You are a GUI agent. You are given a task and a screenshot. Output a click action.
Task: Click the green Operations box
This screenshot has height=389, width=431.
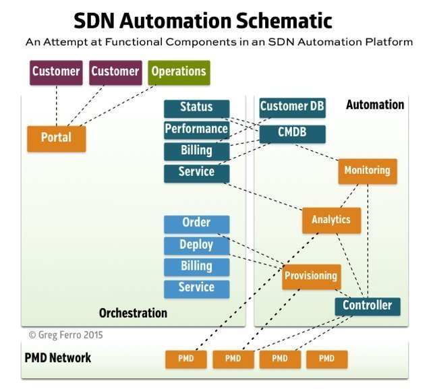click(x=179, y=72)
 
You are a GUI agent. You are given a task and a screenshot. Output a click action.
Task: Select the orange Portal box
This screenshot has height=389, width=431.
click(x=56, y=138)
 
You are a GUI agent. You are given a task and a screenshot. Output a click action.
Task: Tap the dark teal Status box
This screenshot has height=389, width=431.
click(x=196, y=108)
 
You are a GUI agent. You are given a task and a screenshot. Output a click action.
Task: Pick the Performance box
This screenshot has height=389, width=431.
click(x=196, y=129)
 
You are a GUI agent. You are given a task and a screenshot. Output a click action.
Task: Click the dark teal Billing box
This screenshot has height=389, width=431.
click(x=196, y=151)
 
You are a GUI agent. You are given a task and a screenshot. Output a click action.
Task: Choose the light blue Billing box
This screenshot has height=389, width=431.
click(x=196, y=267)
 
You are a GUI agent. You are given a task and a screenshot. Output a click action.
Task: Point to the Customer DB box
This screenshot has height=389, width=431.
click(x=292, y=107)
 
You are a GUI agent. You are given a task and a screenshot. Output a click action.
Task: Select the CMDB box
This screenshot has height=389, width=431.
click(x=292, y=133)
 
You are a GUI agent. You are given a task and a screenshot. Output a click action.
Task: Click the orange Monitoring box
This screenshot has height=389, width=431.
click(x=367, y=171)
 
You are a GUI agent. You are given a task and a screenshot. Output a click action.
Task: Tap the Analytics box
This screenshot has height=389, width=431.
click(x=331, y=220)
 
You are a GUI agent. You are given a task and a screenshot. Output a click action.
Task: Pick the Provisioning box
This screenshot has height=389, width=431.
click(x=310, y=276)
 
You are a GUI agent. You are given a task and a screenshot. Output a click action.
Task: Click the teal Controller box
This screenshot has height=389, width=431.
click(x=367, y=306)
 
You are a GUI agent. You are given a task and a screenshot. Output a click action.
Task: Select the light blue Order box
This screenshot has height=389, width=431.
click(x=196, y=223)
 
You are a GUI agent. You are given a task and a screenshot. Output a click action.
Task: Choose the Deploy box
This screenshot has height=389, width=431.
click(x=196, y=245)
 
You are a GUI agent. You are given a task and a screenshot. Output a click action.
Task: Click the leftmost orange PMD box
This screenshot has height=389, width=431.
click(x=185, y=359)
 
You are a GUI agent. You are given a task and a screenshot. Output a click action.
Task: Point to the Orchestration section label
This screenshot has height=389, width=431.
click(x=133, y=313)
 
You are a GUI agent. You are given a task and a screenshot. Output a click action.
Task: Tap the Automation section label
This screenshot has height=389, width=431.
click(x=374, y=105)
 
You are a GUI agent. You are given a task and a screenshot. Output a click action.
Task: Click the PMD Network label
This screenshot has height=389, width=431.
click(x=57, y=358)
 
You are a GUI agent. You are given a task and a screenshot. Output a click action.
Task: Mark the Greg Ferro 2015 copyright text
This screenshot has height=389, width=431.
click(x=65, y=334)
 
